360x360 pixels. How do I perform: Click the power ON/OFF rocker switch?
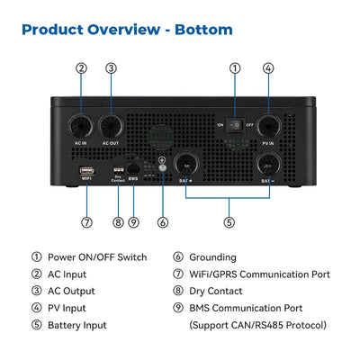pos(235,124)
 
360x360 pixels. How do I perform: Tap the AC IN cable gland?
pos(80,126)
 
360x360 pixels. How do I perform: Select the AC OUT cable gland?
pos(111,126)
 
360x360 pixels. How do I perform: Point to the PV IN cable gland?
pos(268,126)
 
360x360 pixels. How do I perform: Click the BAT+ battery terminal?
pos(186,165)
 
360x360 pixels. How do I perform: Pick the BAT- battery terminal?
pos(268,165)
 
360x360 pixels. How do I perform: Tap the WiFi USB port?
pos(86,171)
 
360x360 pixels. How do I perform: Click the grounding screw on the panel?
pos(162,167)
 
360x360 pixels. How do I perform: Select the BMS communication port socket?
pos(133,168)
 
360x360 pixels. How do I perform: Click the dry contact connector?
pos(117,169)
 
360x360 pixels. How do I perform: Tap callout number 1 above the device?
pos(235,68)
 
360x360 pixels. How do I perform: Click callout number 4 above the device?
pos(268,68)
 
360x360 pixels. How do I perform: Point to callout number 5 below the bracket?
pos(229,222)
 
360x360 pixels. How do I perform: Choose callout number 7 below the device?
pos(86,222)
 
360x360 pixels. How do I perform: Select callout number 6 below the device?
pos(163,222)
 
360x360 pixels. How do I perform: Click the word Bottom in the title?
pos(203,30)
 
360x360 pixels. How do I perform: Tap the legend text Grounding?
pos(212,257)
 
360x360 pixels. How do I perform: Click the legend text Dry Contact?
pos(216,292)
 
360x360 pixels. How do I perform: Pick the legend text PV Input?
pos(67,309)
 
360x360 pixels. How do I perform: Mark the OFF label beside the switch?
pos(249,125)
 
